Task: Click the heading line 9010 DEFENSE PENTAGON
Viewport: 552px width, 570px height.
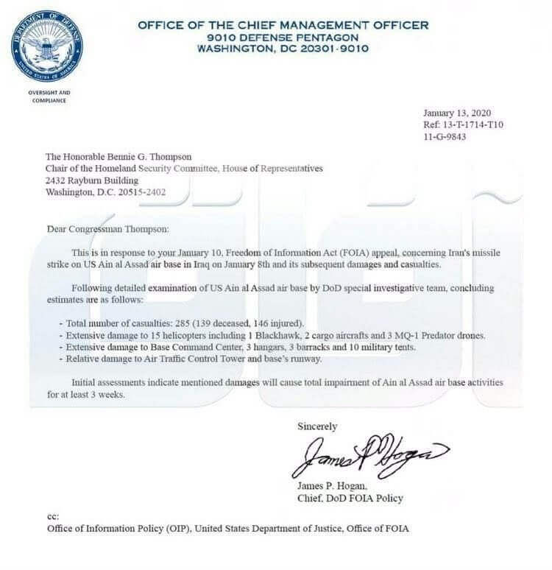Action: (x=283, y=37)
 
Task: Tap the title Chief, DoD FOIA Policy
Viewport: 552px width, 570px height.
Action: (x=350, y=499)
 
